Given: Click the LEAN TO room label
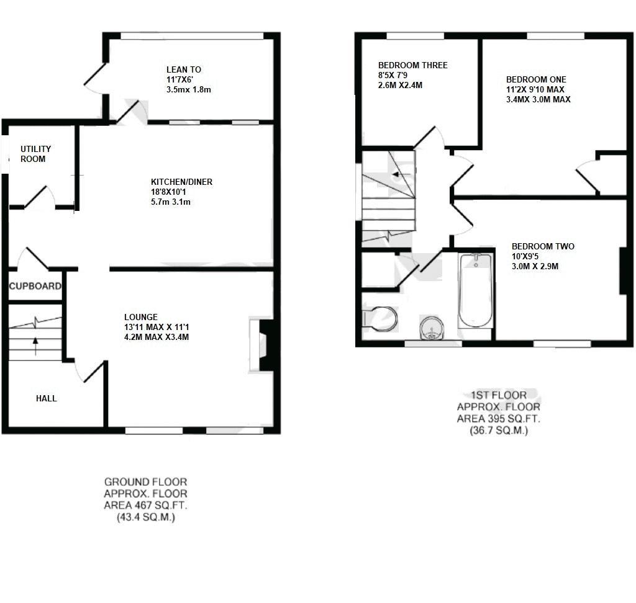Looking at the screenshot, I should tap(183, 69).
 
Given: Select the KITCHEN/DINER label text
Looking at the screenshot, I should tap(181, 182).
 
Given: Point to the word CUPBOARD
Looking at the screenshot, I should tap(35, 286).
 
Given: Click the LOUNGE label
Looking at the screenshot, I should tap(140, 316).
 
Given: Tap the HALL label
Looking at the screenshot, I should tap(46, 398).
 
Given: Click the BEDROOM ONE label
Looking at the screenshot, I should tap(536, 79).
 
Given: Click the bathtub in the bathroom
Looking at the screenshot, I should tap(476, 290).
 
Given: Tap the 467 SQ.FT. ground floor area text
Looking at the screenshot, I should tap(145, 505).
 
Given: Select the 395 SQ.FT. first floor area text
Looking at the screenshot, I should tap(498, 418).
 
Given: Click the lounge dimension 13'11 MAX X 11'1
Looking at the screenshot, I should tap(156, 327).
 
